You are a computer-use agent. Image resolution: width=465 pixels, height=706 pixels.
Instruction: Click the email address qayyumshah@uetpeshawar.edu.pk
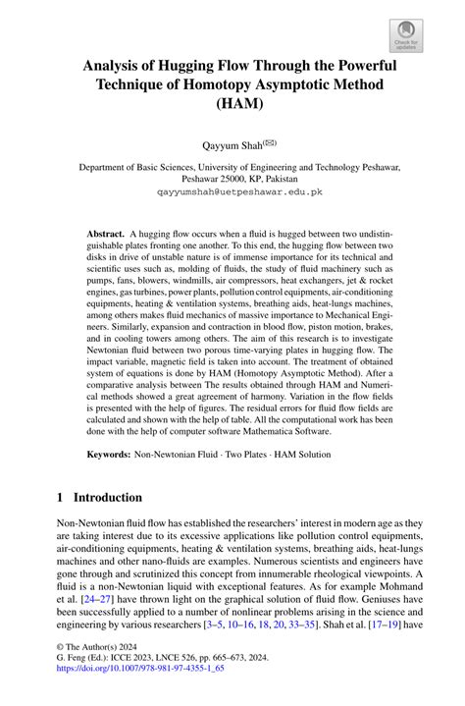[232, 193]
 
